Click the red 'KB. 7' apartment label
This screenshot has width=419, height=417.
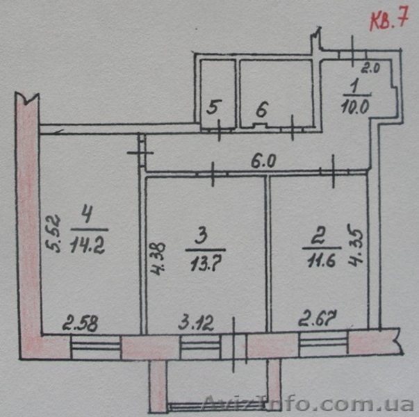389,20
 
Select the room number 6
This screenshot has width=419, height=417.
262,110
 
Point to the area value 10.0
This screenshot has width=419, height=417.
355,107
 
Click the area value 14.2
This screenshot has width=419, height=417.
88,246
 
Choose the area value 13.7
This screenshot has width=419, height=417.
206,265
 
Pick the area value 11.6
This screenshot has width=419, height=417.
322,261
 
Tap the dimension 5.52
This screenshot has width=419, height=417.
53,234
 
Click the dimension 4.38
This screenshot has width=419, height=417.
158,259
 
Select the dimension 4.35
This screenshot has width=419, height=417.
355,247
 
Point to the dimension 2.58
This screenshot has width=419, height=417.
81,323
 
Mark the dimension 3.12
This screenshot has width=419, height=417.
197,323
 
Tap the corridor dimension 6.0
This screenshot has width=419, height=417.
263,162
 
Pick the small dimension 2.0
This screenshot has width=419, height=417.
370,69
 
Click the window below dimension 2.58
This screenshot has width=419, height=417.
96,347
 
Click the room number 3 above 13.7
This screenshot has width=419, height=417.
202,237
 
